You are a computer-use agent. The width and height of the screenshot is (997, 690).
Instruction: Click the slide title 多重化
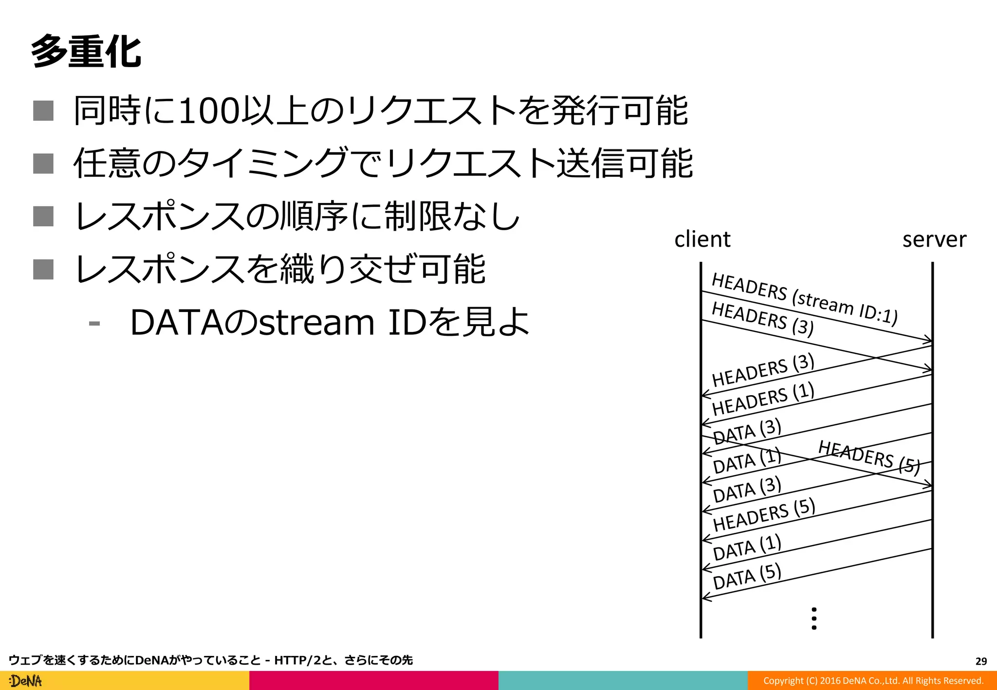tap(86, 51)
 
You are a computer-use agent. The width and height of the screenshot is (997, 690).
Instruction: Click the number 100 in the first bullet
tap(209, 111)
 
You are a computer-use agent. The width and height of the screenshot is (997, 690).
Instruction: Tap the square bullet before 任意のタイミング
tap(43, 163)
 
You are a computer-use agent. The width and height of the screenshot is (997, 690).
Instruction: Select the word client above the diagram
tap(702, 239)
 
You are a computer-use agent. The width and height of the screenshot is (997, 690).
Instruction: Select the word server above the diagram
tap(934, 239)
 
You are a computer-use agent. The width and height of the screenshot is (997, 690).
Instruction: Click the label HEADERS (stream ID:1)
tap(804, 298)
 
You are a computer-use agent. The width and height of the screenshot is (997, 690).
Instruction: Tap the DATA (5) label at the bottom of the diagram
tap(747, 576)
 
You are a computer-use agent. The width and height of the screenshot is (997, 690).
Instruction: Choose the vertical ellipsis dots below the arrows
tap(814, 618)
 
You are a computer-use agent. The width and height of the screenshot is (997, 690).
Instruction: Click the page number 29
tap(981, 661)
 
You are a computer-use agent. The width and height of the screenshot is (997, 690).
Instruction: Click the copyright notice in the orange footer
tap(873, 681)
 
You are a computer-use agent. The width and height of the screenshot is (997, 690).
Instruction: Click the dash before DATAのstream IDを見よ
tap(94, 323)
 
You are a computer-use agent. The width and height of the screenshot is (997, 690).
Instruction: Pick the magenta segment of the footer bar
tap(373, 681)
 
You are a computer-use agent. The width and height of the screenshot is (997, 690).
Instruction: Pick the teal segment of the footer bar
tap(623, 681)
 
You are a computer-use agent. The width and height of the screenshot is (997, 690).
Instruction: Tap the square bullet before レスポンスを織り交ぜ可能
tap(43, 269)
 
